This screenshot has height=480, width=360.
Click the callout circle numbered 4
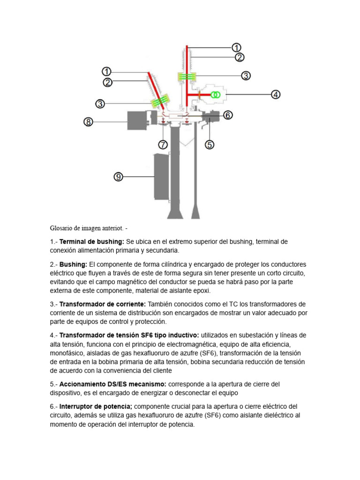[x=276, y=94]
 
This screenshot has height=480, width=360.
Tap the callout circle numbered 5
[x=210, y=144]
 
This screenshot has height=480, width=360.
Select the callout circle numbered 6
[x=228, y=115]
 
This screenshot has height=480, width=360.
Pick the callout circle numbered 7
[x=163, y=144]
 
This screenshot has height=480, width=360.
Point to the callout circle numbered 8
[x=89, y=122]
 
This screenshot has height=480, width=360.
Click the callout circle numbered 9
[x=119, y=177]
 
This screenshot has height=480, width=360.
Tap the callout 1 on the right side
[x=237, y=47]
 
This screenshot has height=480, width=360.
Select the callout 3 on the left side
[x=100, y=104]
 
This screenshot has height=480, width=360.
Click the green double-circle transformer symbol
[x=215, y=95]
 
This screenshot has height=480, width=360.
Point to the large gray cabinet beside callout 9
[x=161, y=176]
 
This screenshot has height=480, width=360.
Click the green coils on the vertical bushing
[x=187, y=76]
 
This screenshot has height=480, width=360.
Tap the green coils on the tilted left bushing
[x=160, y=101]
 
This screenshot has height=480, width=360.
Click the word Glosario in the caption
[x=62, y=228]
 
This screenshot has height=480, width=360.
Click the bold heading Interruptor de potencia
[x=96, y=406]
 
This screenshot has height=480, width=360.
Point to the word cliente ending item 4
[x=162, y=371]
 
